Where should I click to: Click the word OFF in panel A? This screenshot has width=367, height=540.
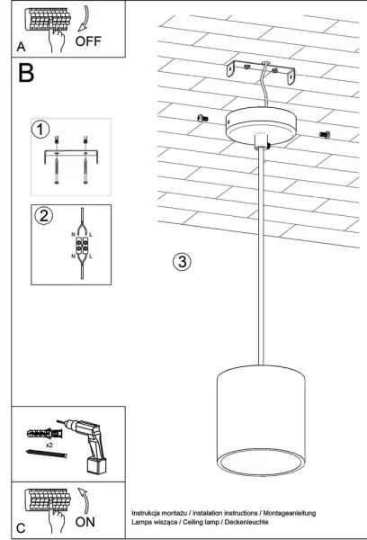(x=90, y=41)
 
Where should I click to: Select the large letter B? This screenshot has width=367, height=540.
(x=28, y=73)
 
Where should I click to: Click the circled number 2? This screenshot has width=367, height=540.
(x=42, y=216)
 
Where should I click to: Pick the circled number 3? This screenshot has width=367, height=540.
(x=182, y=262)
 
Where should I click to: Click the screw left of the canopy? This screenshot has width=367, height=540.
(x=201, y=119)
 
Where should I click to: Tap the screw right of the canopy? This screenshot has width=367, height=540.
(x=325, y=135)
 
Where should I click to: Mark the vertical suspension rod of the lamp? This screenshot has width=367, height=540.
(x=261, y=261)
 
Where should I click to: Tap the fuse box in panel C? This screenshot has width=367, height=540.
(x=44, y=501)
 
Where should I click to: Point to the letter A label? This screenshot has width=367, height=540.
(x=20, y=45)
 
